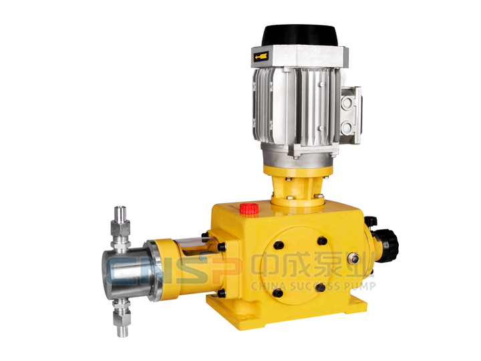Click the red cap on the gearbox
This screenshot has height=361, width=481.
(249, 209)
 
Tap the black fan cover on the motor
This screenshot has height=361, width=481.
(300, 35)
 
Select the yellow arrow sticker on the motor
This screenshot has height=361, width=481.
(261, 56)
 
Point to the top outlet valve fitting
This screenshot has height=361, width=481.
(120, 227)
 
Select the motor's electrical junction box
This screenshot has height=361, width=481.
(351, 116)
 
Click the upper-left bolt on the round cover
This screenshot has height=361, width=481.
(279, 245)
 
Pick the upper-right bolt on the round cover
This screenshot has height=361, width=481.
(322, 241)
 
